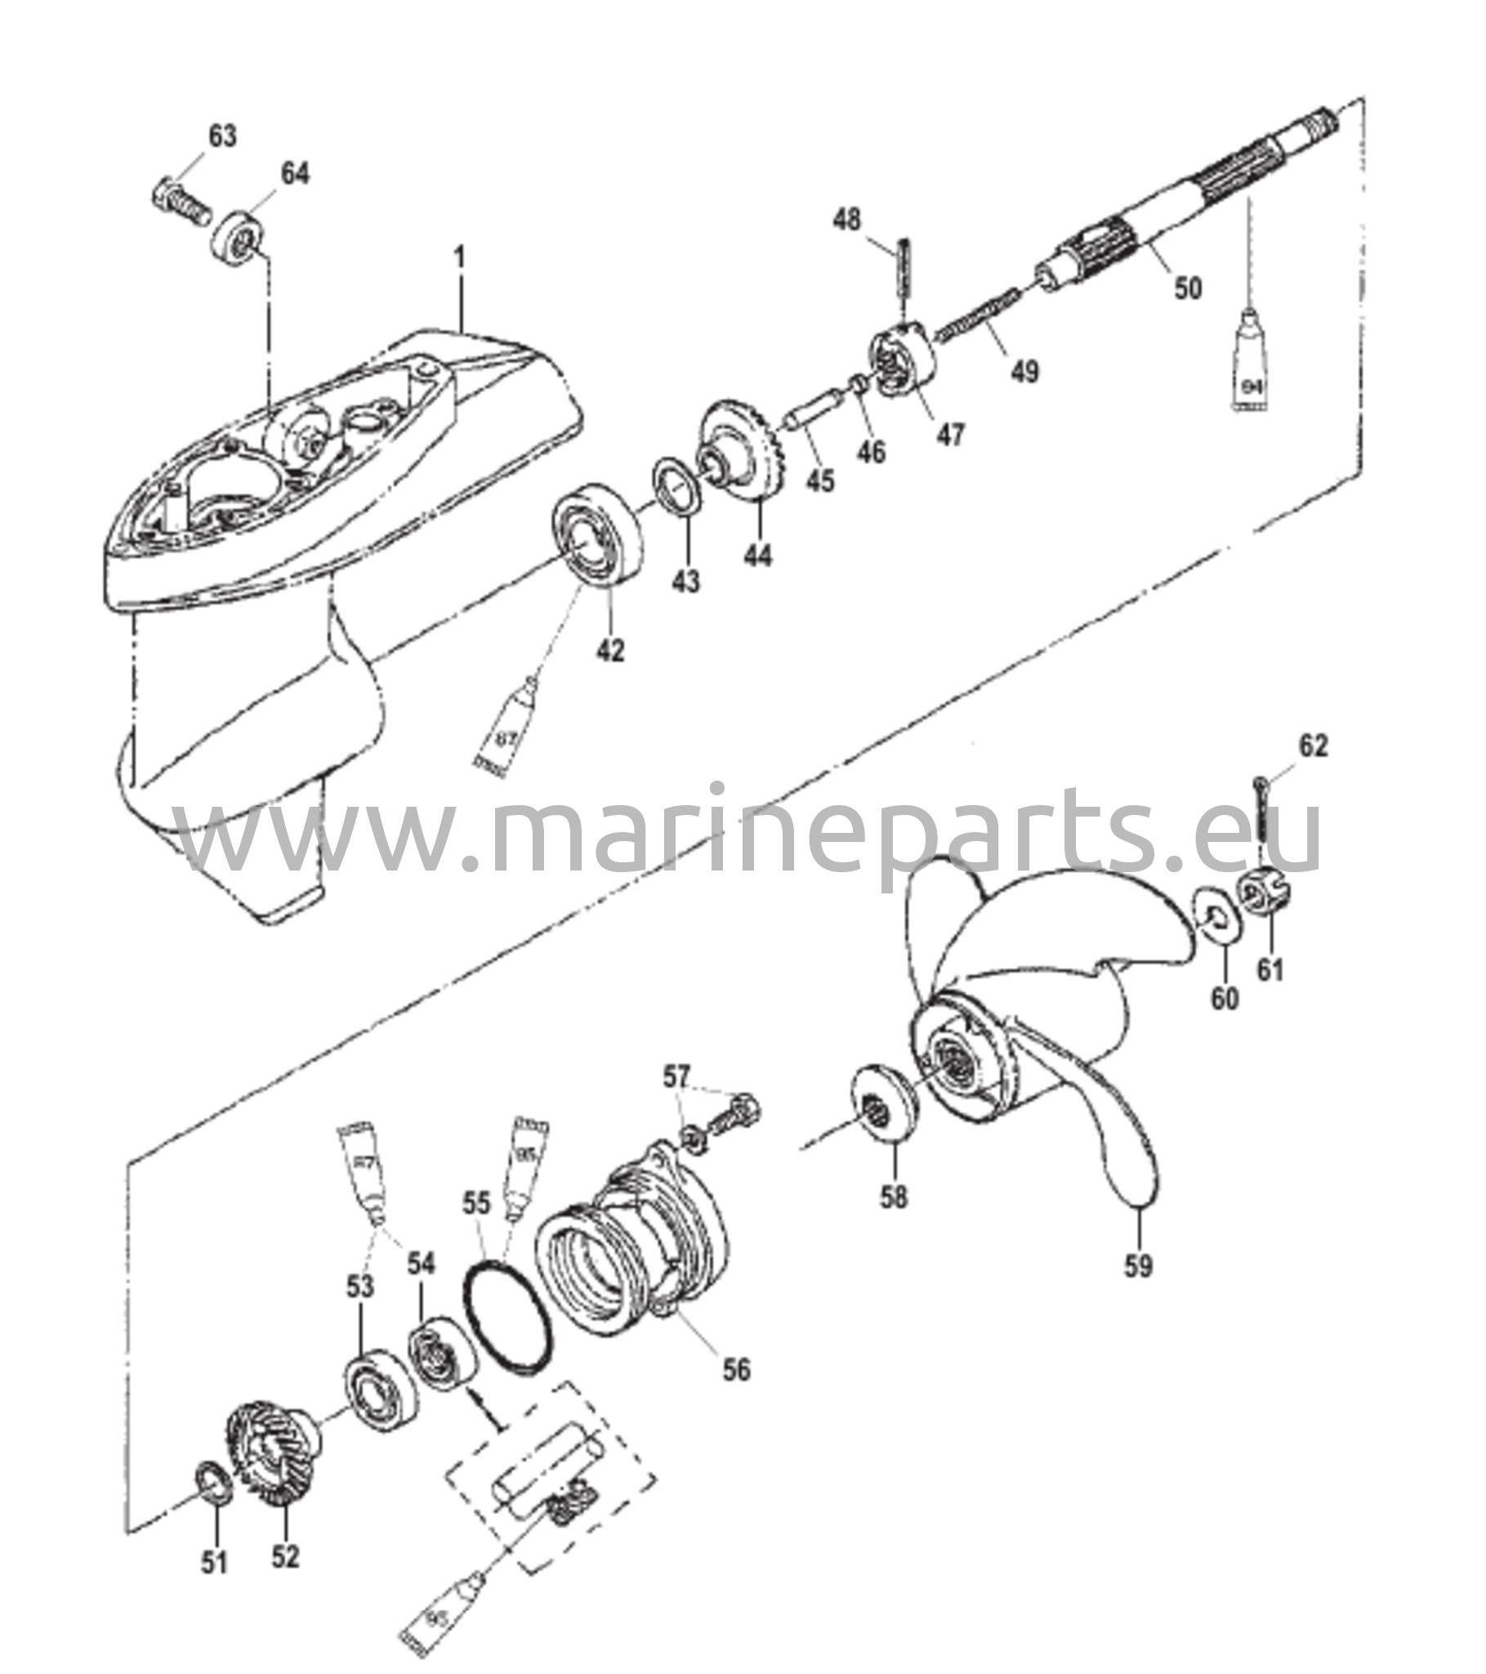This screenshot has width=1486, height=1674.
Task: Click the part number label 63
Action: tap(222, 136)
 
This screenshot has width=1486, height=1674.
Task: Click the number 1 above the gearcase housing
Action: tap(461, 261)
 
